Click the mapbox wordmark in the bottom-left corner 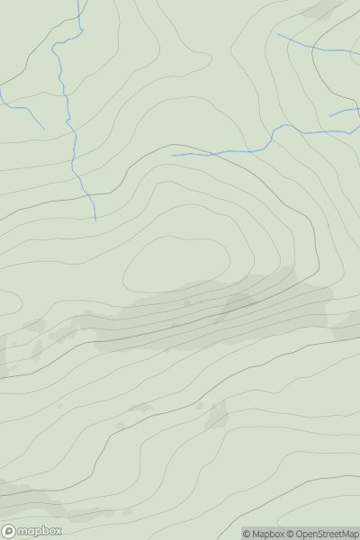40,531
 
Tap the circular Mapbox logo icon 10,531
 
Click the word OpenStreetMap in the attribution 327,534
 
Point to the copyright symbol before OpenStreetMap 292,534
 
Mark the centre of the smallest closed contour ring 175,265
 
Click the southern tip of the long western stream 95,220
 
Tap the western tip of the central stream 173,155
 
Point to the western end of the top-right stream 277,34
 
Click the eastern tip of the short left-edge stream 44,128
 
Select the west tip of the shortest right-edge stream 329,115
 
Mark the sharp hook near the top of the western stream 54,45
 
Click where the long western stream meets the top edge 78,1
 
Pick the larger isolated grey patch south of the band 217,416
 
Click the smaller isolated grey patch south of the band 139,408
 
